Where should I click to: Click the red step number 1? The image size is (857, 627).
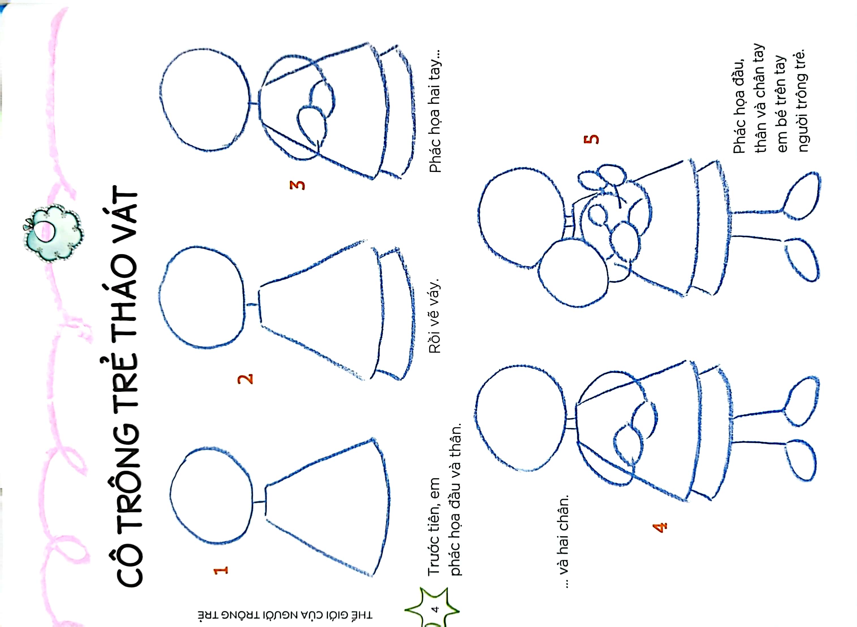(221, 570)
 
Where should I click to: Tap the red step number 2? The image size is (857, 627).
(245, 379)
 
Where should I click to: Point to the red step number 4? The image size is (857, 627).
(660, 527)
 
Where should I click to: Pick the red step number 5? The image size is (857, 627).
(591, 139)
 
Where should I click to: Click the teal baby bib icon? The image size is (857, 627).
(53, 232)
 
